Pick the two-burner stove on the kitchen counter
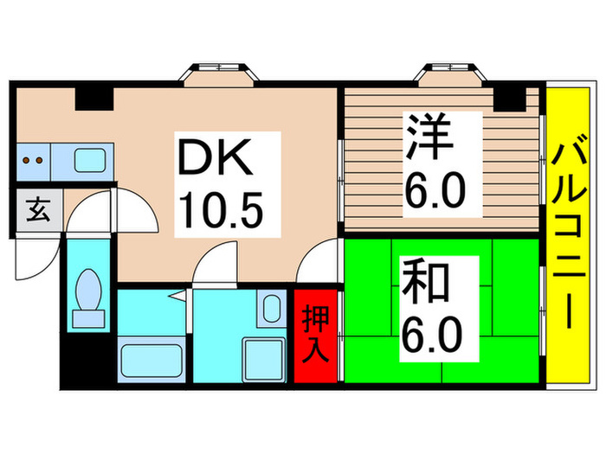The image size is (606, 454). pyautogui.click(x=34, y=160)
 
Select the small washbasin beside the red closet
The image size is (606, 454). pyautogui.click(x=271, y=309)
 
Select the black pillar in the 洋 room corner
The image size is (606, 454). pyautogui.click(x=514, y=99)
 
